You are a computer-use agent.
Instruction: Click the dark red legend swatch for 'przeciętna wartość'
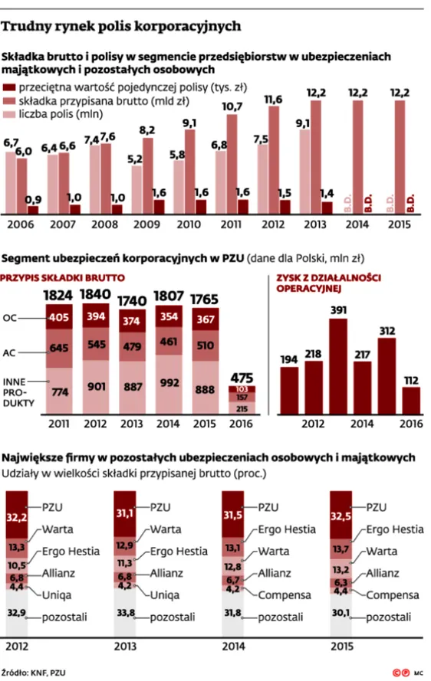[x=10, y=87]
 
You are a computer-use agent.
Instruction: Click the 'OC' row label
[x=10, y=317]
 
